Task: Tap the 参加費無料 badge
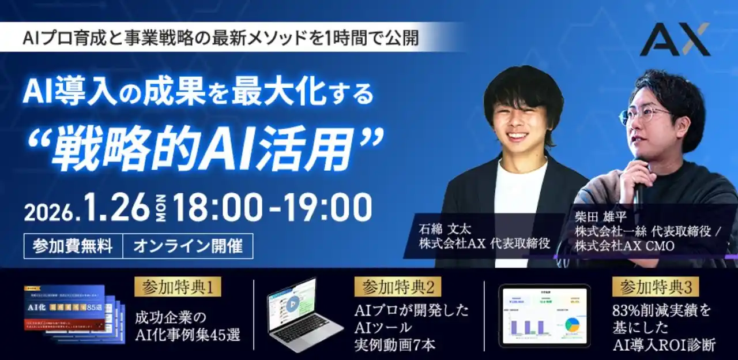pyautogui.click(x=73, y=246)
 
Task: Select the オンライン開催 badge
pyautogui.click(x=187, y=246)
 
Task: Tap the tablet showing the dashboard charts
pyautogui.click(x=544, y=316)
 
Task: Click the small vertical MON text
pyautogui.click(x=161, y=208)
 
